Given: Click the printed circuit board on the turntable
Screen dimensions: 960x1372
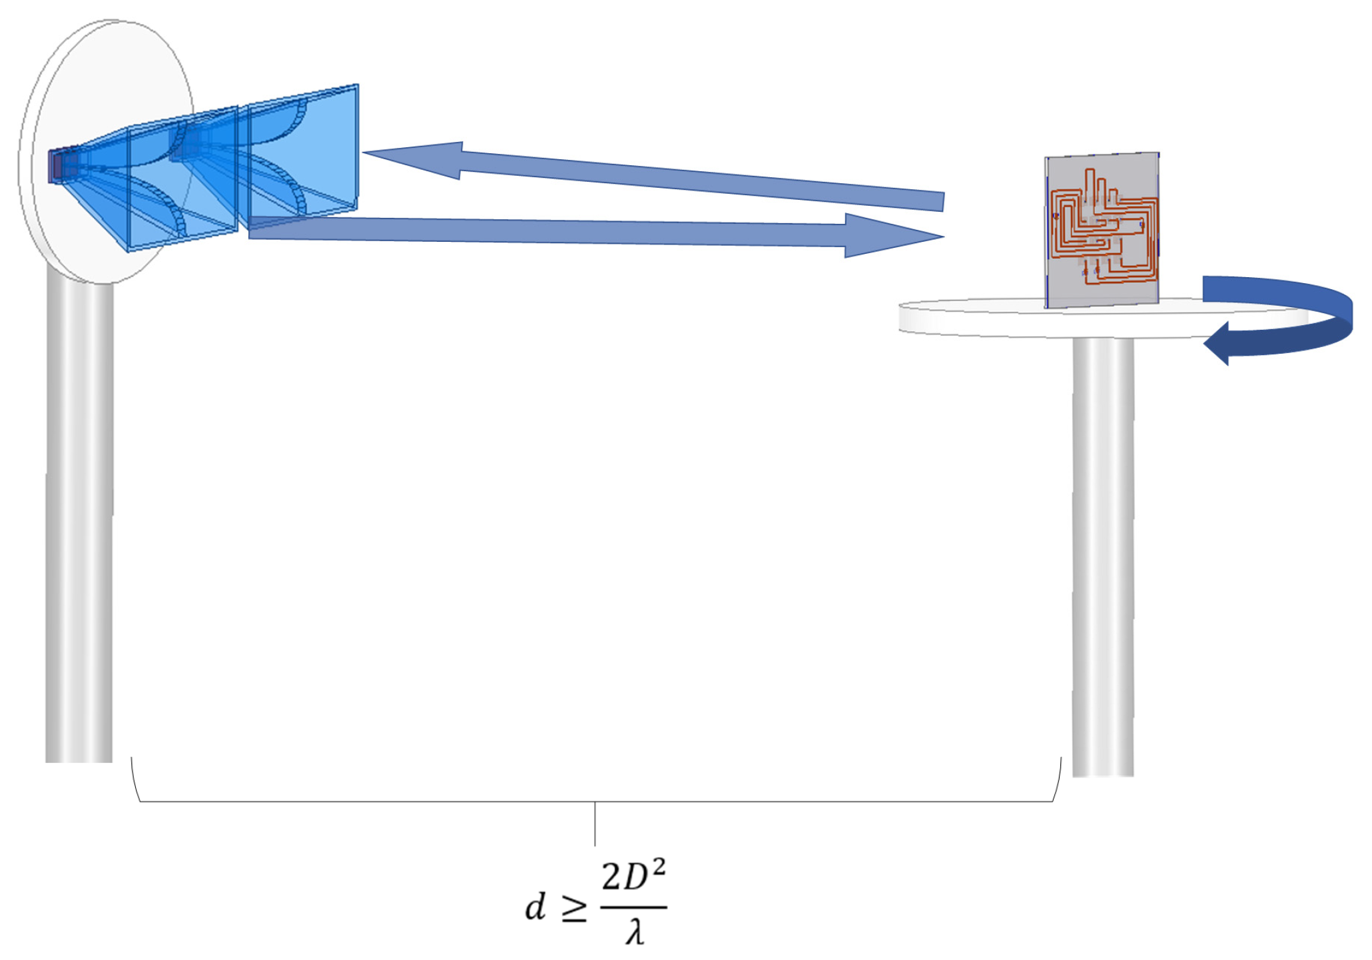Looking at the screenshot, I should (1102, 230).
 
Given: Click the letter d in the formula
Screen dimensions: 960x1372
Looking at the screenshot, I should (535, 907).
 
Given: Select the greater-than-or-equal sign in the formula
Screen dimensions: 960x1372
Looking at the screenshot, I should (574, 910).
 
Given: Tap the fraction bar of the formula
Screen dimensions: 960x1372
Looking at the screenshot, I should (633, 907).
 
